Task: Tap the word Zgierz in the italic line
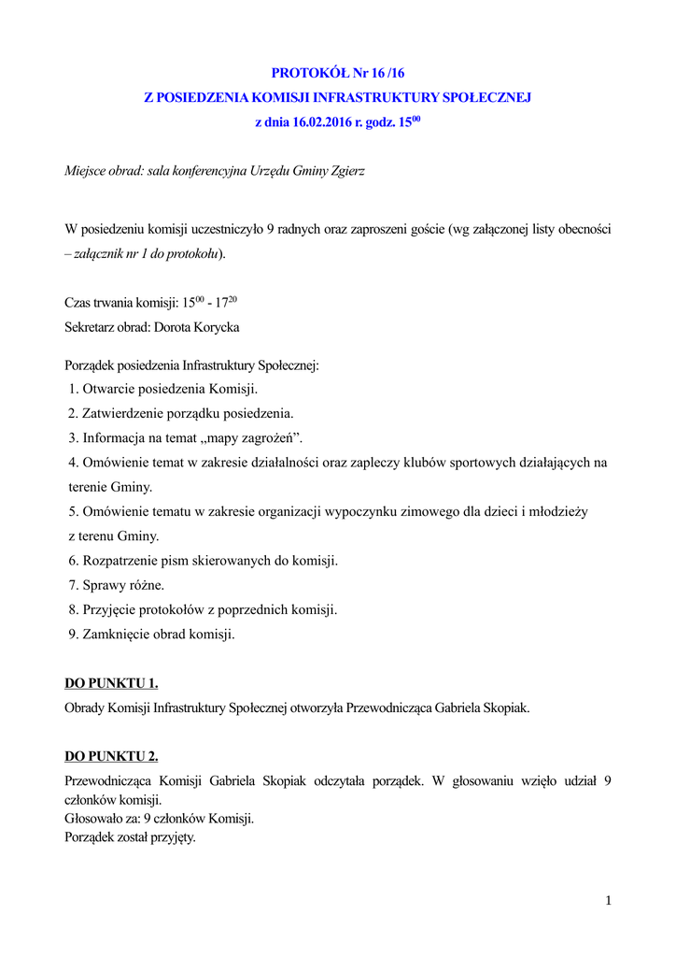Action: click(x=346, y=171)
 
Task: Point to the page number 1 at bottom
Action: click(x=608, y=900)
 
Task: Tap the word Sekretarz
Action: click(x=92, y=327)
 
